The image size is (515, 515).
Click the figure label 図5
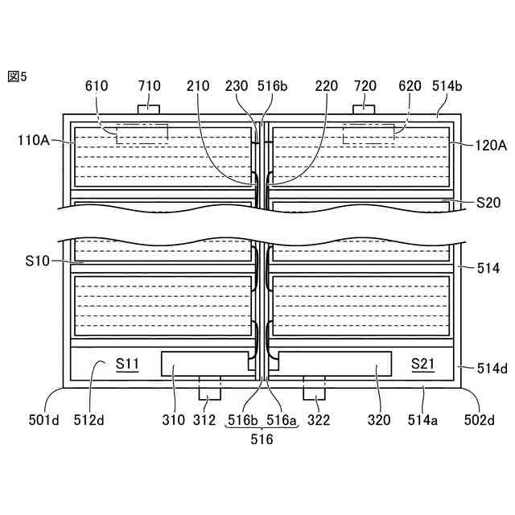17,76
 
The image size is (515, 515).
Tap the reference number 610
97,86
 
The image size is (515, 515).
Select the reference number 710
150,86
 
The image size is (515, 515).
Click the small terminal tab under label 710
149,109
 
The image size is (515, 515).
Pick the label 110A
34,140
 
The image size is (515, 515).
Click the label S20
488,202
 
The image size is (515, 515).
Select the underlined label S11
127,364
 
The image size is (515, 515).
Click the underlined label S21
422,364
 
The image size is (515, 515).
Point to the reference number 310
174,419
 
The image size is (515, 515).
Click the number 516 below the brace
262,439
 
